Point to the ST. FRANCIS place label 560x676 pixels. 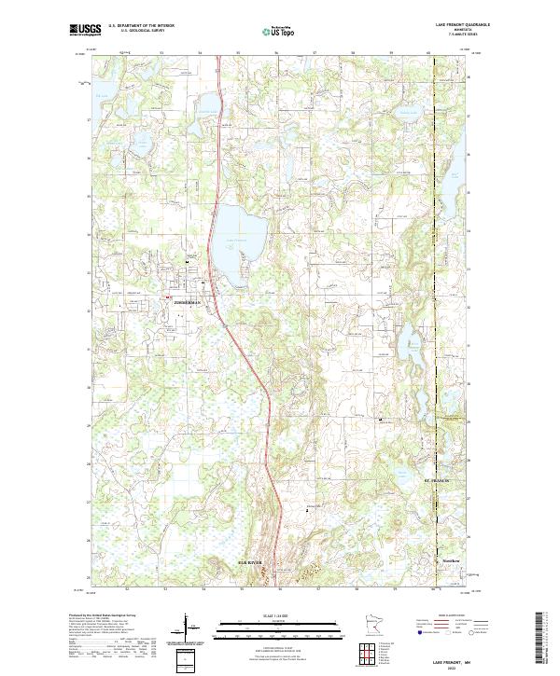click(x=437, y=481)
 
